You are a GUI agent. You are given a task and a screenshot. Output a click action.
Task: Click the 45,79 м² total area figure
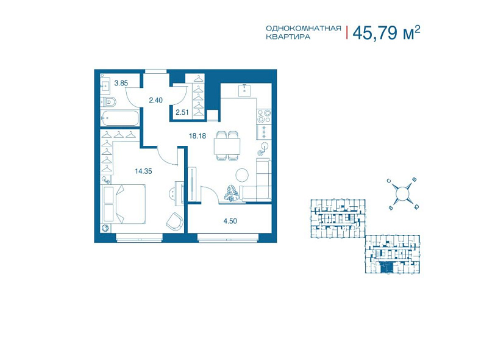[x=386, y=32]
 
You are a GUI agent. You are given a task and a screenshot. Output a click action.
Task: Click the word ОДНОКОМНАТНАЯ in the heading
[x=304, y=29]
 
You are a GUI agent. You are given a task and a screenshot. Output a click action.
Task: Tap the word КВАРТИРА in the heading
[x=288, y=37]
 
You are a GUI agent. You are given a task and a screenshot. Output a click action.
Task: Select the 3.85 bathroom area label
[x=121, y=83]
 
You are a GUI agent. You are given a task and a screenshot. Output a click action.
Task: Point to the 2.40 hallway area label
[x=155, y=100]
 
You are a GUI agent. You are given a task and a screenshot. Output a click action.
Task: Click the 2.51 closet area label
[x=182, y=112]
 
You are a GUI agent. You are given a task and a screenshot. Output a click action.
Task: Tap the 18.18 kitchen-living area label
[x=198, y=135]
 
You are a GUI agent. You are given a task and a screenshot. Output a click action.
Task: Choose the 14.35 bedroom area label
[x=143, y=171]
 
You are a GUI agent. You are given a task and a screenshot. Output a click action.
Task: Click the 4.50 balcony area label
[x=230, y=221]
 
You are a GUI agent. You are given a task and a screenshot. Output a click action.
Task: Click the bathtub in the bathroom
[x=120, y=118]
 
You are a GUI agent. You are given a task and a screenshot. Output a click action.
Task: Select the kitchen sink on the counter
[x=246, y=90]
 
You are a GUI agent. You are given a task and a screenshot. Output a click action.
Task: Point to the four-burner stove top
[x=264, y=116]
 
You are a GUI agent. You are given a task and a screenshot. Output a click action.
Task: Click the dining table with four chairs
[x=227, y=146]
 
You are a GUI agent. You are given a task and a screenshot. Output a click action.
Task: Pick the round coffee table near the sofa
[x=242, y=175]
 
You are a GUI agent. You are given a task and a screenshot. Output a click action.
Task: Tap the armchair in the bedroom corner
[x=174, y=221]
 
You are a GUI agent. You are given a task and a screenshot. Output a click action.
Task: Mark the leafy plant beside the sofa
[x=232, y=193]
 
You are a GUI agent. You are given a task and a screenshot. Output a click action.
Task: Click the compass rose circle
[x=402, y=194]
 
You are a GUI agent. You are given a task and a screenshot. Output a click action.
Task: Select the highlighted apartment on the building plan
[x=386, y=267]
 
